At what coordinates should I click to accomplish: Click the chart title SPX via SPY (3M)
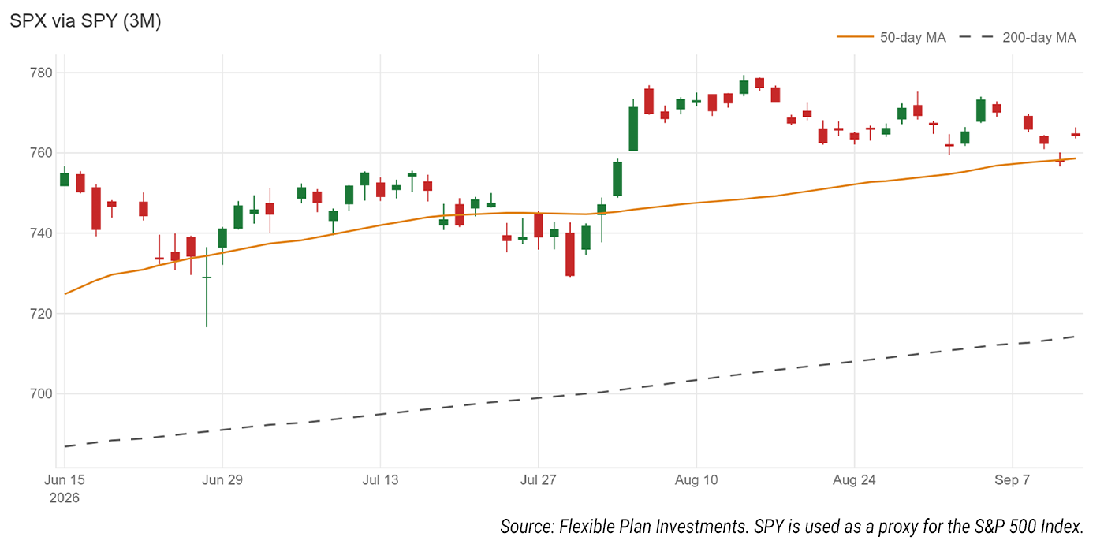tap(85, 20)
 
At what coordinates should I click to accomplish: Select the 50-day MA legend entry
tap(891, 38)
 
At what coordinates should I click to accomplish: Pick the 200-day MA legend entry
tap(1018, 38)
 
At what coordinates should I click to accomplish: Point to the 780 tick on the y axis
tap(41, 73)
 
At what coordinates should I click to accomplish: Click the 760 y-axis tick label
tap(41, 153)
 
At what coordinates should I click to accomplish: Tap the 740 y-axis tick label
tap(41, 233)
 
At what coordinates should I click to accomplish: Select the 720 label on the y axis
tap(41, 314)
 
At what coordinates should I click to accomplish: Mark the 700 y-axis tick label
tap(41, 394)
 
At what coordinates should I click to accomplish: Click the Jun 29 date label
tap(222, 479)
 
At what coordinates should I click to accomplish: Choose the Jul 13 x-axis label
tap(380, 479)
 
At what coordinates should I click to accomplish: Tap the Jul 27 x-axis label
tap(538, 479)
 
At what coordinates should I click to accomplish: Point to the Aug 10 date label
tap(696, 479)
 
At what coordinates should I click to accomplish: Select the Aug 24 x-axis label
tap(854, 479)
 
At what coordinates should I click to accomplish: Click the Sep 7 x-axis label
tap(1013, 479)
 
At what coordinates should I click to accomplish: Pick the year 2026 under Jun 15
tap(64, 498)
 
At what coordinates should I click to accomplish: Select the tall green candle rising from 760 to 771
tap(633, 129)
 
